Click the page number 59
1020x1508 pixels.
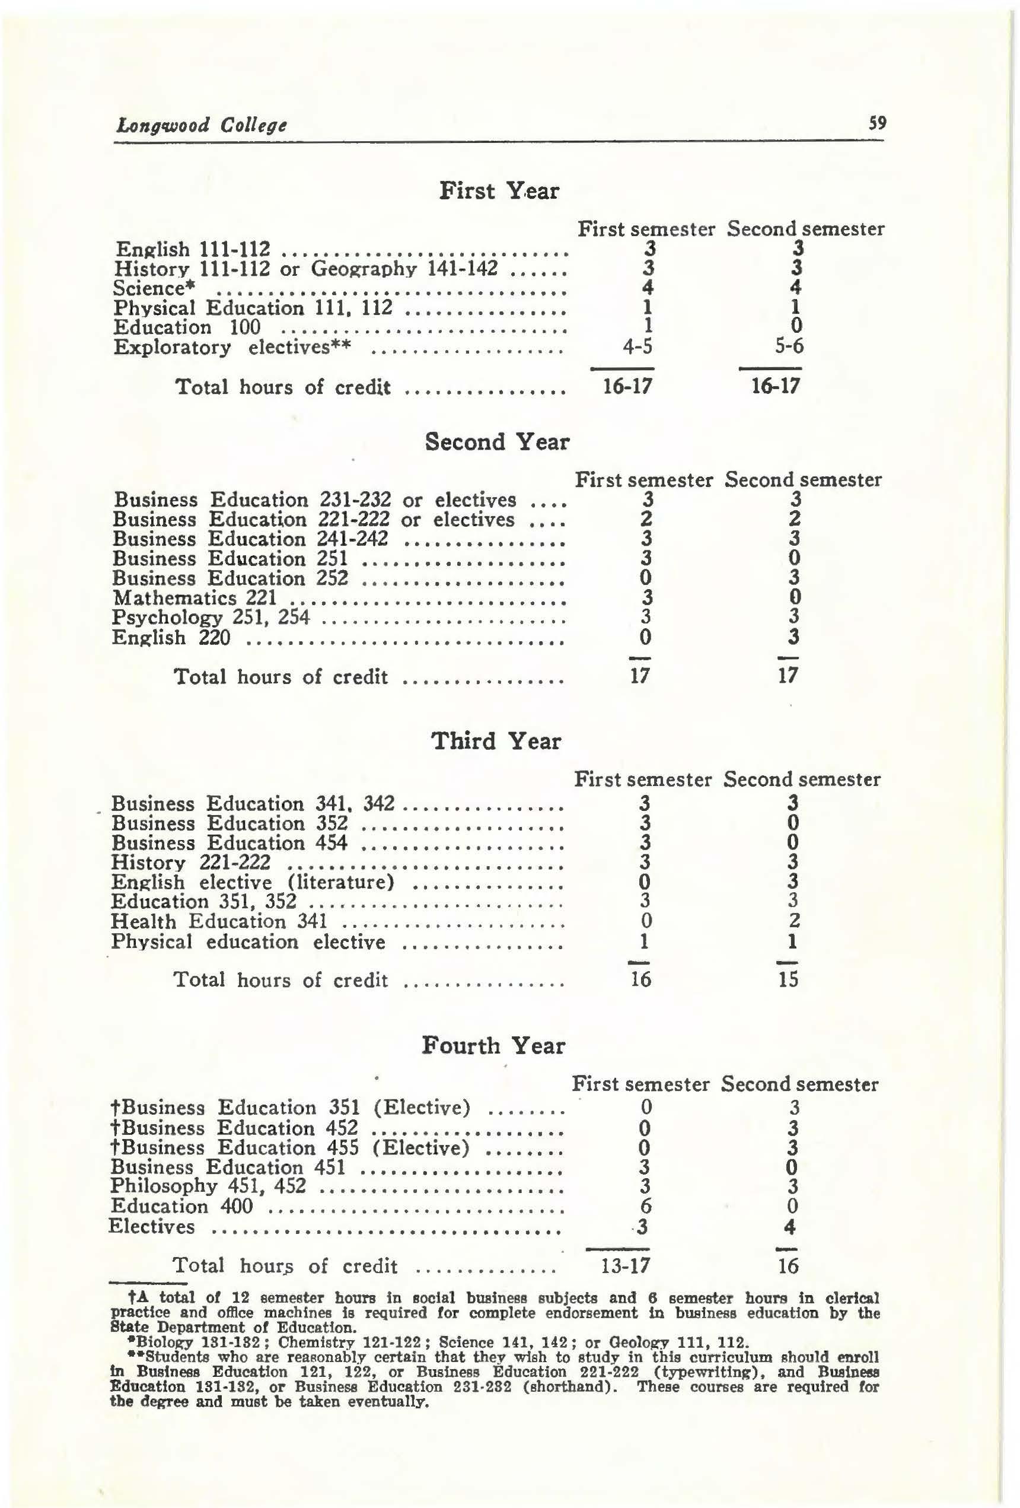coord(876,123)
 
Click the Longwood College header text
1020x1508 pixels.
coord(201,125)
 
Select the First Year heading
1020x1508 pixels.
coord(499,191)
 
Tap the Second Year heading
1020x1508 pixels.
coord(497,442)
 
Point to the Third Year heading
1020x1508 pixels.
coord(496,740)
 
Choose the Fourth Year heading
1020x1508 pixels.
coord(494,1045)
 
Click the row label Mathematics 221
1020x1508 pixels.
coord(195,597)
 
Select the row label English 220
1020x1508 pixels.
coord(171,638)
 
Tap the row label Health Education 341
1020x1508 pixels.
coord(219,921)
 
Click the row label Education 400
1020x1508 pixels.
coord(181,1206)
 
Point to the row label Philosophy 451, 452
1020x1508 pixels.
coord(208,1186)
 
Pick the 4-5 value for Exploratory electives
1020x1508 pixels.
coord(637,346)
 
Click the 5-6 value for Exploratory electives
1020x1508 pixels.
coord(789,346)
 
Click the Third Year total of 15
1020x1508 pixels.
coord(788,979)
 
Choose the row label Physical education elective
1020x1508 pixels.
coord(248,941)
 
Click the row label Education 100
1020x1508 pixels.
coord(187,327)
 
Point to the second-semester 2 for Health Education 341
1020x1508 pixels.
coord(794,921)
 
